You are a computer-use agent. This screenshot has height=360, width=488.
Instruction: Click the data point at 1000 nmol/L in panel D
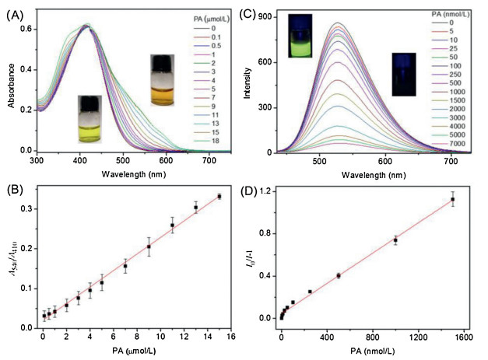point(395,240)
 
